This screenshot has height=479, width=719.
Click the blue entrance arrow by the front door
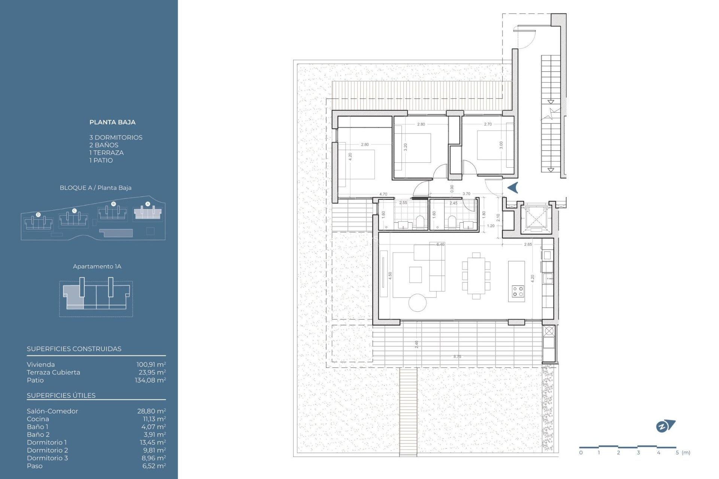(x=513, y=187)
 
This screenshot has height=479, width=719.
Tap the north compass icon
(x=665, y=426)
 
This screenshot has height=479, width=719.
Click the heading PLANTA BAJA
(x=112, y=122)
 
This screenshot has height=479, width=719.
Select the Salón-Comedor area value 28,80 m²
(x=151, y=411)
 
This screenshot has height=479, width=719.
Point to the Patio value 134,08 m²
(x=150, y=380)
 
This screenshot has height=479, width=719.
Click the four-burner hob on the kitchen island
(x=518, y=292)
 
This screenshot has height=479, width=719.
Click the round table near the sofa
(x=418, y=303)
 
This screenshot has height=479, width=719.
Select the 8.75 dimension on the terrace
(x=457, y=357)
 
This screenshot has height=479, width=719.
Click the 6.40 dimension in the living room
(x=440, y=244)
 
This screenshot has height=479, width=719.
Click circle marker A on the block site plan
(x=148, y=204)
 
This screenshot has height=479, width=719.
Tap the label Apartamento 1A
(x=97, y=266)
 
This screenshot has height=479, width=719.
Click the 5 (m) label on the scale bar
(x=683, y=452)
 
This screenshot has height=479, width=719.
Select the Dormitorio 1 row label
(x=47, y=442)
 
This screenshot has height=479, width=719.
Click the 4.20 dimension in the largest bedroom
(x=350, y=156)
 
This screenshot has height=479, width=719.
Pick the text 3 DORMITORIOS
(x=116, y=137)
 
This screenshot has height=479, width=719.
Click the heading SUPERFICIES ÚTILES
(x=61, y=396)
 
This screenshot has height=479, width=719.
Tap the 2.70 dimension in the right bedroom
(x=488, y=124)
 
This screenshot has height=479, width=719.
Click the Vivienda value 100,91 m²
(x=151, y=364)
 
